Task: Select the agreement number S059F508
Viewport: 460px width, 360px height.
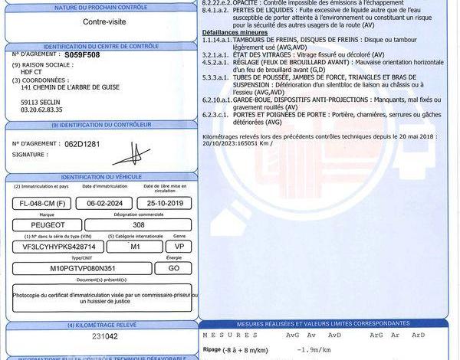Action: coord(81,55)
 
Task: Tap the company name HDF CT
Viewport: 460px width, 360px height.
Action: coord(34,73)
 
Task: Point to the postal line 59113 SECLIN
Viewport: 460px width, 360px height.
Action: coord(41,101)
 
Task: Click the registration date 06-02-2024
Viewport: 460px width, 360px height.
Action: coord(104,203)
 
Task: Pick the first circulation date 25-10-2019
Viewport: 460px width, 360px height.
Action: coord(166,203)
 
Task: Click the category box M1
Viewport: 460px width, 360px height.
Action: coord(134,247)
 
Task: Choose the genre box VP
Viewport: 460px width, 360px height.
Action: coord(179,247)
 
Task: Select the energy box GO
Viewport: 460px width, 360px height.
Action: coord(173,269)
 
